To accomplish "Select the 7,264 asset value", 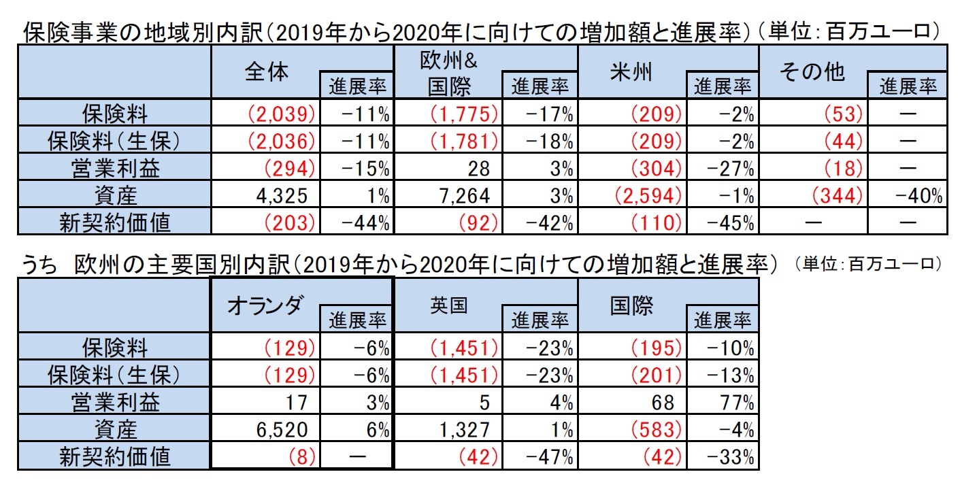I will pos(466,197).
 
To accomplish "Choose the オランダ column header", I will pos(265,306).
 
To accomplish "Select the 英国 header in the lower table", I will pos(448,306).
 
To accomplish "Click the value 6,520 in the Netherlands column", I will pos(284,431).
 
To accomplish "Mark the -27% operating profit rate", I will pos(733,169).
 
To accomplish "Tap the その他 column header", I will pos(812,73).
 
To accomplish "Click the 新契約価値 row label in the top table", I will pos(114,224).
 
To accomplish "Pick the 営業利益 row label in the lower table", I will pos(114,403).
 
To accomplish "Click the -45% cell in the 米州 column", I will pos(733,224).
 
